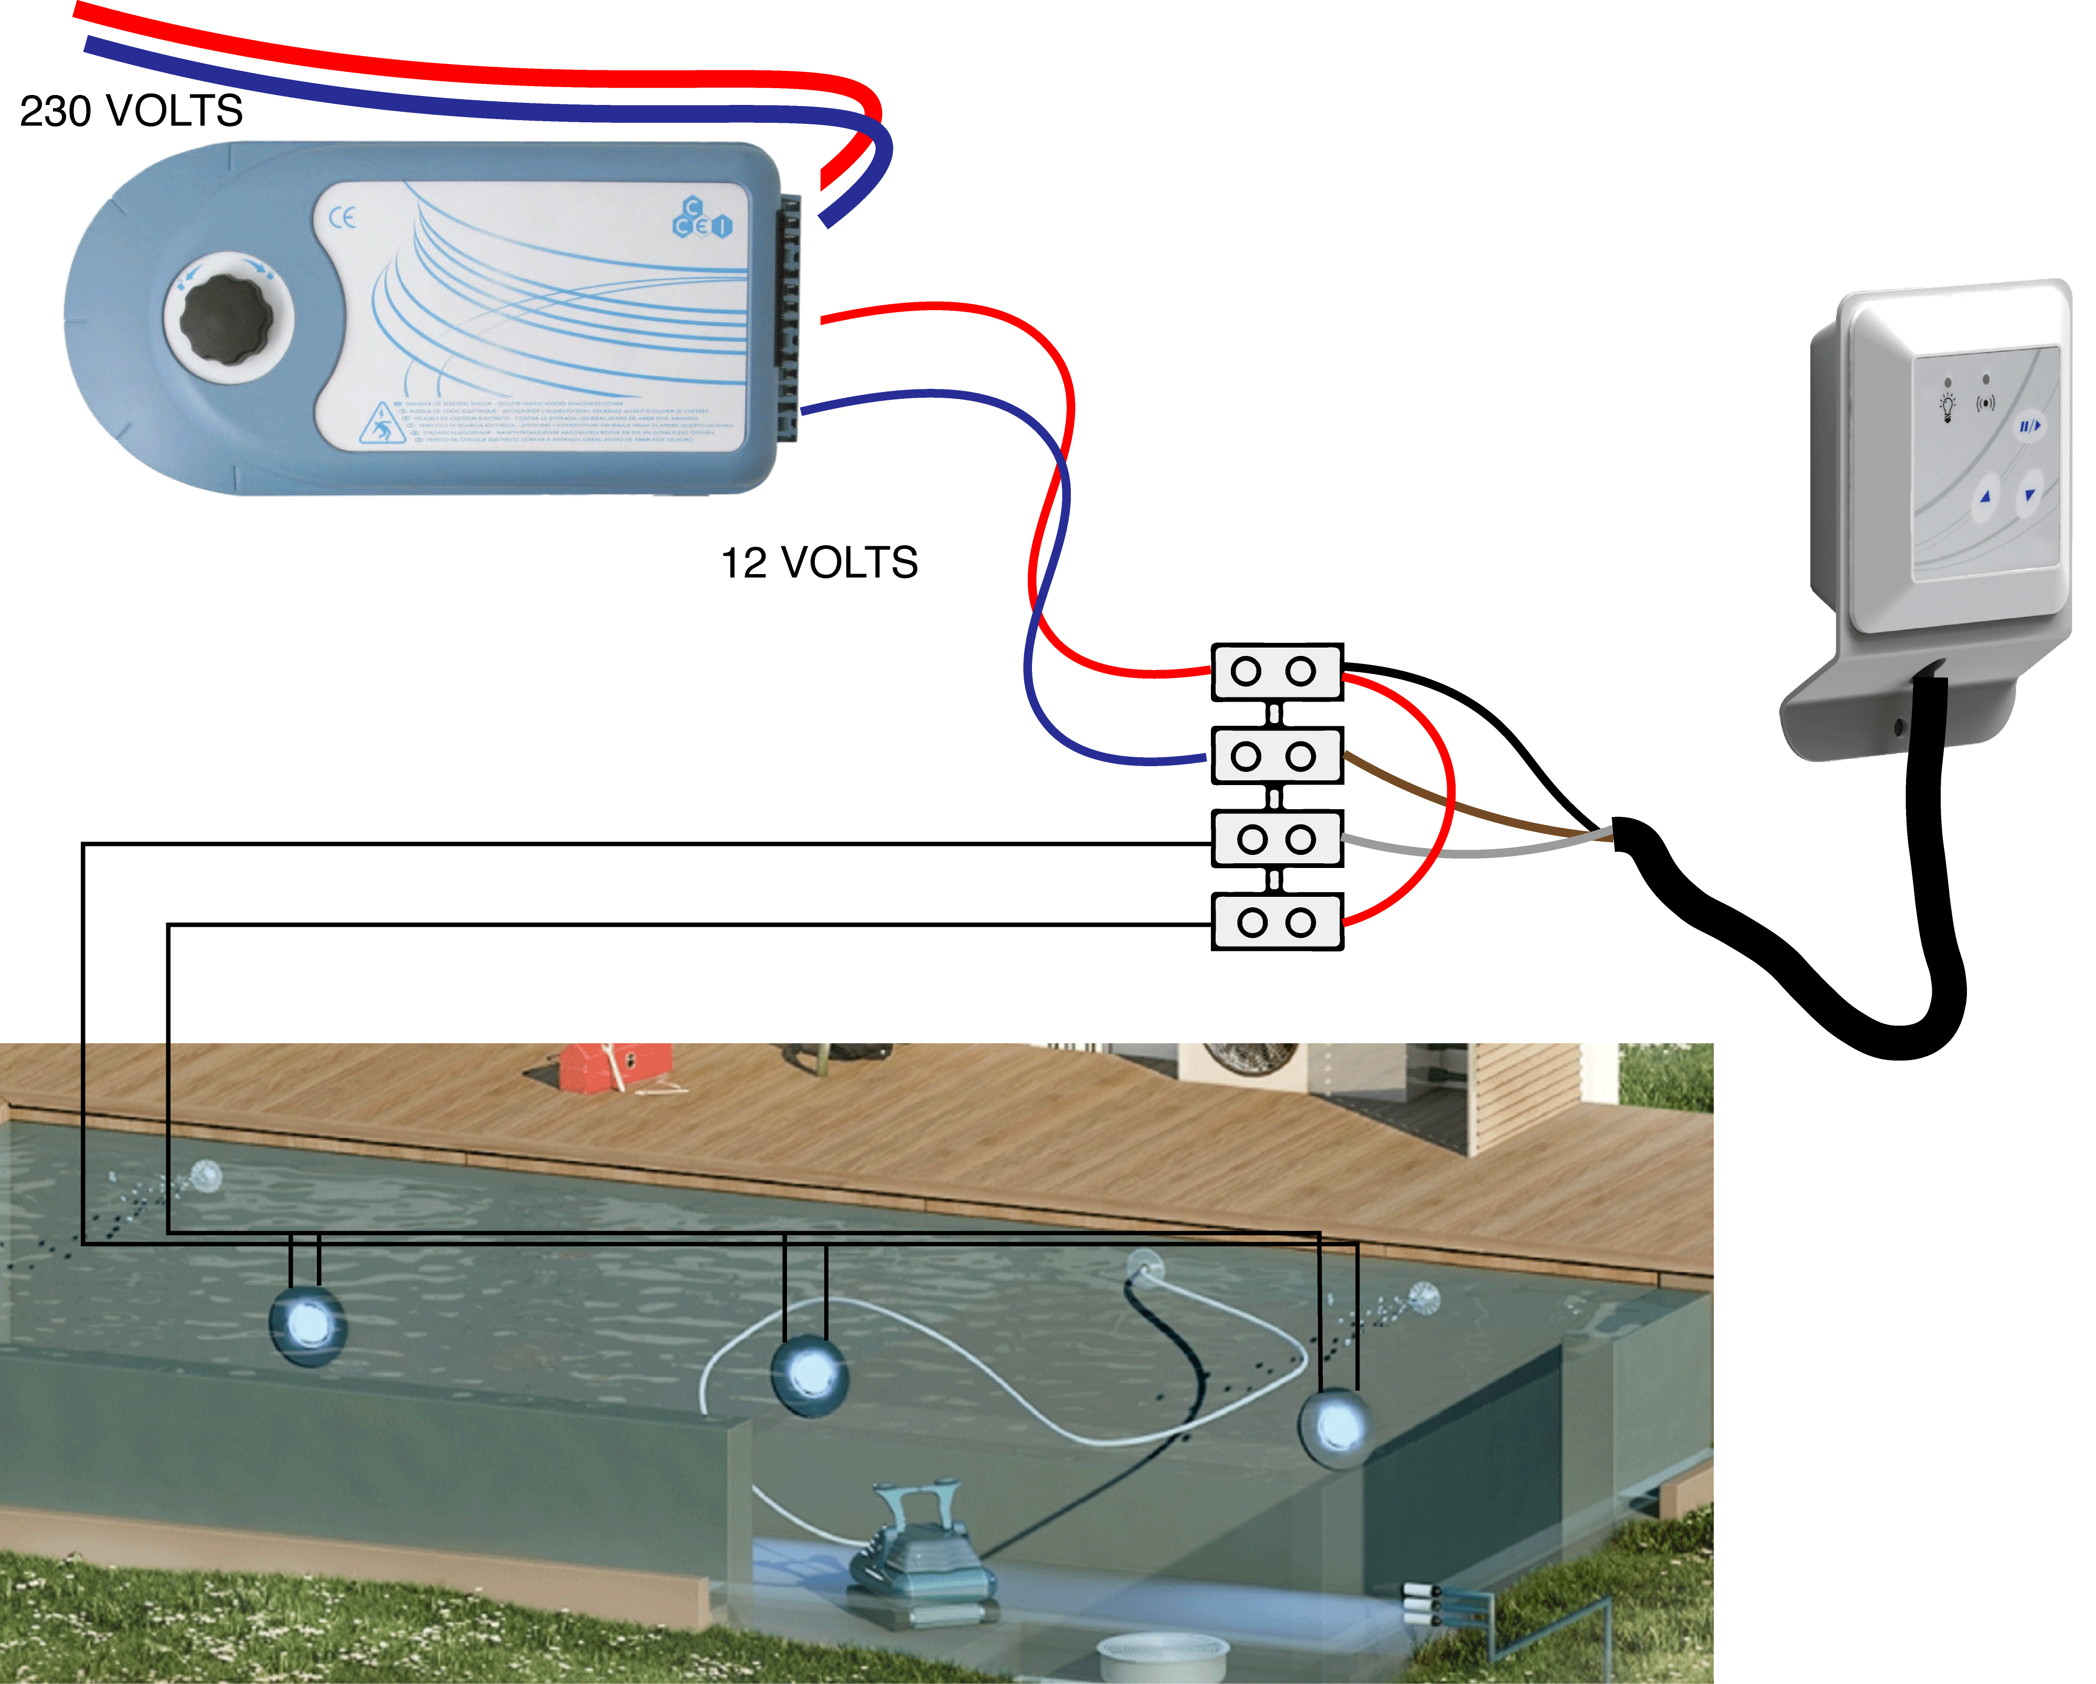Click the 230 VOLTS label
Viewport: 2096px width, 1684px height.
coord(131,111)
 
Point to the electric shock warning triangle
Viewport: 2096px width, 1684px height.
coord(381,425)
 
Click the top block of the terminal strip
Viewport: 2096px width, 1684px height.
coord(1276,672)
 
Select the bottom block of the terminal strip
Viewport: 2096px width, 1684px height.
coord(1276,923)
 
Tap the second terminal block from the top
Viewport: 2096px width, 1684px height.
coord(1276,756)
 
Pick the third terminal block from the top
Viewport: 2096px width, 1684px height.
coord(1276,839)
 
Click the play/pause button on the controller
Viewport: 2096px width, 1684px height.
coord(2029,426)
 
